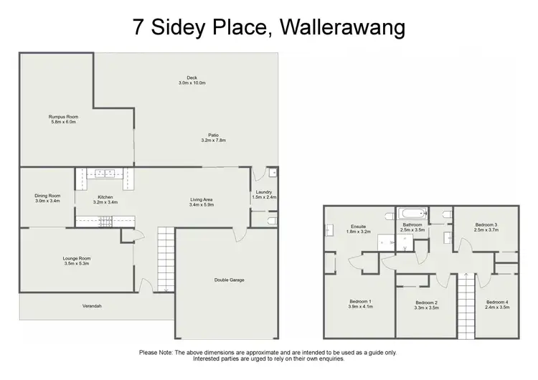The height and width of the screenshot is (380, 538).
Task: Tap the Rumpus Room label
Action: tap(63, 116)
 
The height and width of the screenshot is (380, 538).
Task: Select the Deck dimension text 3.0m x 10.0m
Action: tap(192, 83)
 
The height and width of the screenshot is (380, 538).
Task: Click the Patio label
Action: tap(214, 134)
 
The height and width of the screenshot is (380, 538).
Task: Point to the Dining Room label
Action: tap(47, 196)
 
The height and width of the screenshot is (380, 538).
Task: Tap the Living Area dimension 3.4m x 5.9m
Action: tap(202, 205)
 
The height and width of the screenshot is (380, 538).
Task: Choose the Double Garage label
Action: tap(230, 280)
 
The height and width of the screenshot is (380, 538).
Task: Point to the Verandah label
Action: tap(91, 306)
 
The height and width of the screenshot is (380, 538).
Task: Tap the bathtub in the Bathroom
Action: tap(412, 214)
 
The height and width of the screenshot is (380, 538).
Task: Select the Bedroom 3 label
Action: tap(486, 225)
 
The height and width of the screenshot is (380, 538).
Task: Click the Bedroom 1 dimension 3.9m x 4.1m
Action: tap(361, 307)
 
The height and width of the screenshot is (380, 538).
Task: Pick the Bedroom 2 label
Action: tap(426, 302)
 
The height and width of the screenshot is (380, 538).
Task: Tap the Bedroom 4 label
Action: tap(497, 302)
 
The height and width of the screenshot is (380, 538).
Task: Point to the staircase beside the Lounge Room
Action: tap(165, 258)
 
